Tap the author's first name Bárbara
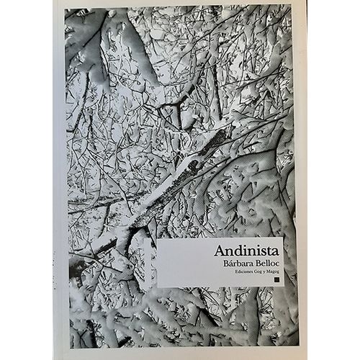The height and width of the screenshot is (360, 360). (x=233, y=264)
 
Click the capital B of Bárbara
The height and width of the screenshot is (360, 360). (x=220, y=264)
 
